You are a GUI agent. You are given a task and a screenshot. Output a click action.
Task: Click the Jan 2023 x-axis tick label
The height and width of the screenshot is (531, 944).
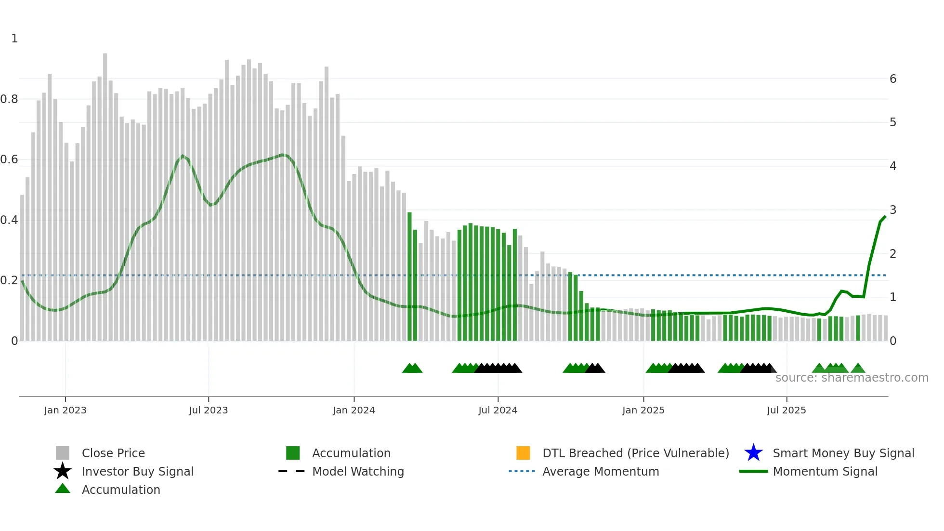coord(65,410)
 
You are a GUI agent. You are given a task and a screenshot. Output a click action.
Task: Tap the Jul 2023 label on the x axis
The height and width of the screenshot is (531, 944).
coord(208,410)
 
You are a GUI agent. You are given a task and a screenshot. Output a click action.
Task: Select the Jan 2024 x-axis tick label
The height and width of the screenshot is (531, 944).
coord(354,410)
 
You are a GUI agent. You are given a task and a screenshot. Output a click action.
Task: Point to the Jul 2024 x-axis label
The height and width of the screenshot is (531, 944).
coord(498,410)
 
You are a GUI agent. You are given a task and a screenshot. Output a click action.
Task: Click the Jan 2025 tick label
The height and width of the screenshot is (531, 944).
coord(643,410)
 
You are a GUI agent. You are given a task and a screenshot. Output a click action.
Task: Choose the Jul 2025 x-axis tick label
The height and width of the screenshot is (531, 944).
coord(786,410)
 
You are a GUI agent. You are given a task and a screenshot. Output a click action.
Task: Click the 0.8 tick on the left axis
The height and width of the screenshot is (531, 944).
coord(9,99)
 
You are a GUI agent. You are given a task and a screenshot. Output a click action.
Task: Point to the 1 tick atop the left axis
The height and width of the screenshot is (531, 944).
coord(14,39)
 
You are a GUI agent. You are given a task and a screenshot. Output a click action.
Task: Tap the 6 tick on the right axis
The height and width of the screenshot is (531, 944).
coord(893,79)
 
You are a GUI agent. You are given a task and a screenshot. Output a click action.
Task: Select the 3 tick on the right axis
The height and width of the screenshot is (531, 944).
coord(893,210)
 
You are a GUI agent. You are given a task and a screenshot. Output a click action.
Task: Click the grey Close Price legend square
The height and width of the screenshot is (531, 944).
coord(63,453)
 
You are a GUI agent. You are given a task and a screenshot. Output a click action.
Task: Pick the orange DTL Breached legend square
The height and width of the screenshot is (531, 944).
coord(523,453)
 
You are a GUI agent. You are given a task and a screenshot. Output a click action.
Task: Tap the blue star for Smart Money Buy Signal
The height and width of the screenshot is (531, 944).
coord(753,453)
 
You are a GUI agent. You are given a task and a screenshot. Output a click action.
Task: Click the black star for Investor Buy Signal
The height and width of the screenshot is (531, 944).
coord(63,471)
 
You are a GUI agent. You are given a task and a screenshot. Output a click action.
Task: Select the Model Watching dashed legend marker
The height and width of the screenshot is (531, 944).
coord(291,471)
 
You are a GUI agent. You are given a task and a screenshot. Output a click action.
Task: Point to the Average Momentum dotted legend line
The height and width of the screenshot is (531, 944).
coord(522,471)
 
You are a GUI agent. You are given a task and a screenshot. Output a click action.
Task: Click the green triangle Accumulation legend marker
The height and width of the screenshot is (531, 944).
coord(63,489)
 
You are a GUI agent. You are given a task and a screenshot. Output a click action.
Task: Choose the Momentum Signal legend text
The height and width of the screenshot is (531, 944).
coord(825,471)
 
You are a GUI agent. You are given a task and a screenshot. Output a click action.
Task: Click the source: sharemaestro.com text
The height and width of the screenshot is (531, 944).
coord(852,378)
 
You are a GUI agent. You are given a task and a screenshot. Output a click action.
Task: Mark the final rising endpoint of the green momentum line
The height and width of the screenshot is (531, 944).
coord(885,217)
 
